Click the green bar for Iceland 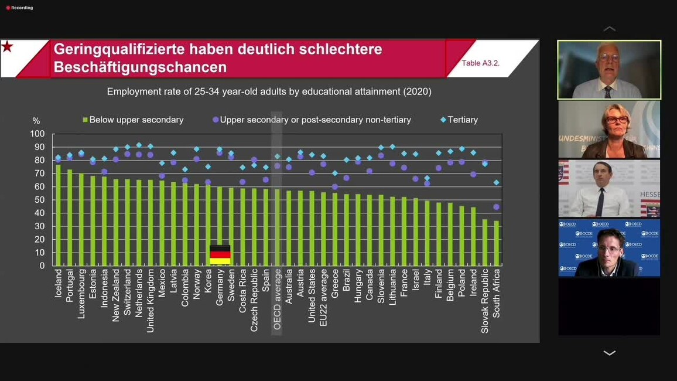coord(58,215)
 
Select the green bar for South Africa coord(497,243)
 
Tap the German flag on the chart coord(220,254)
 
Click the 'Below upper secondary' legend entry coord(133,120)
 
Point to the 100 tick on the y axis coord(37,134)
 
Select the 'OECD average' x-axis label coord(278,299)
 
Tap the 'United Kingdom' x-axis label coord(151,301)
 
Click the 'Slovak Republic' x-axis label coord(485,301)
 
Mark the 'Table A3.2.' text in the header coord(480,63)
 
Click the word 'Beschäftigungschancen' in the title coord(140,67)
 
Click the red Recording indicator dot coord(8,8)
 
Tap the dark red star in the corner coord(7,47)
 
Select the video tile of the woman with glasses coord(609,130)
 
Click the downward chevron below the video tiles coord(609,353)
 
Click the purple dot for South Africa coord(497,207)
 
